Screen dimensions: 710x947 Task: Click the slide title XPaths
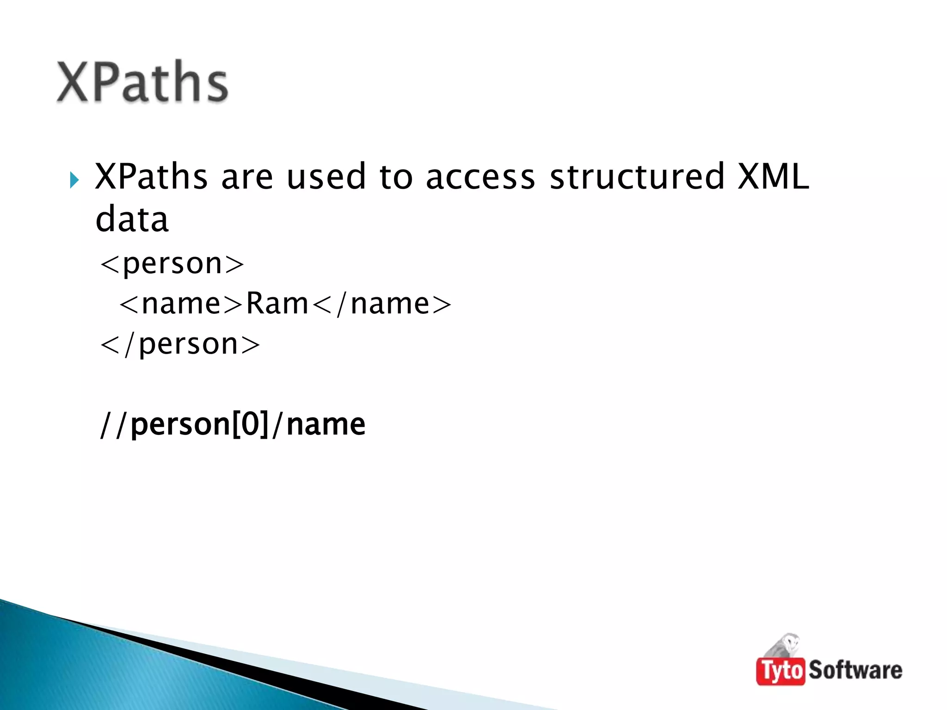[142, 82]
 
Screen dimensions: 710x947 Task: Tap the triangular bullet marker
[74, 180]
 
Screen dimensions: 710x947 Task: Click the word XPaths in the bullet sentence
[151, 177]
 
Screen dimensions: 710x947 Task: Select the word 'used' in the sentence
[326, 177]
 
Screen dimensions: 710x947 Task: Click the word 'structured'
[637, 177]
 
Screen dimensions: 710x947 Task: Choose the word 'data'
[132, 219]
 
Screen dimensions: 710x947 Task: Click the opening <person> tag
[172, 264]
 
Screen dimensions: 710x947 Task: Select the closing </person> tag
[180, 344]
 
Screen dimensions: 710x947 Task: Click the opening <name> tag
[181, 304]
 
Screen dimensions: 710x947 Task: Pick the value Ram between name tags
[277, 304]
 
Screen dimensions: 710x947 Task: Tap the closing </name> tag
[382, 304]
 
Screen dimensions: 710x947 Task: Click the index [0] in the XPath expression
[250, 424]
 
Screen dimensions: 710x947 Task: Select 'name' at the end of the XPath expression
[326, 424]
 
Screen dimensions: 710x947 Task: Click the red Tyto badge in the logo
[781, 670]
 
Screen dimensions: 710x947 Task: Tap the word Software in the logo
[855, 670]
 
